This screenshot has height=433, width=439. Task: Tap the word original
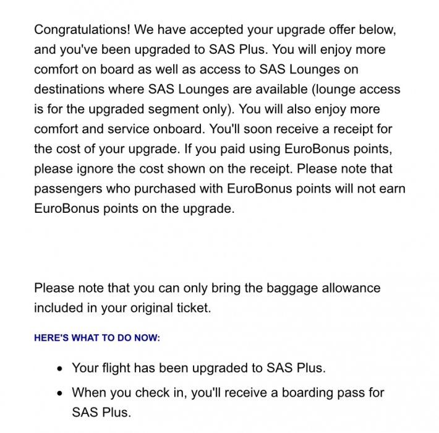[x=151, y=307]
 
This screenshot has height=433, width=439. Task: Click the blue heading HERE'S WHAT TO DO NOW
[x=97, y=338]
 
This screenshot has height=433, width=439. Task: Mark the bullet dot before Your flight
[x=59, y=369]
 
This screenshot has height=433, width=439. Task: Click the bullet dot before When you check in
[x=59, y=393]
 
